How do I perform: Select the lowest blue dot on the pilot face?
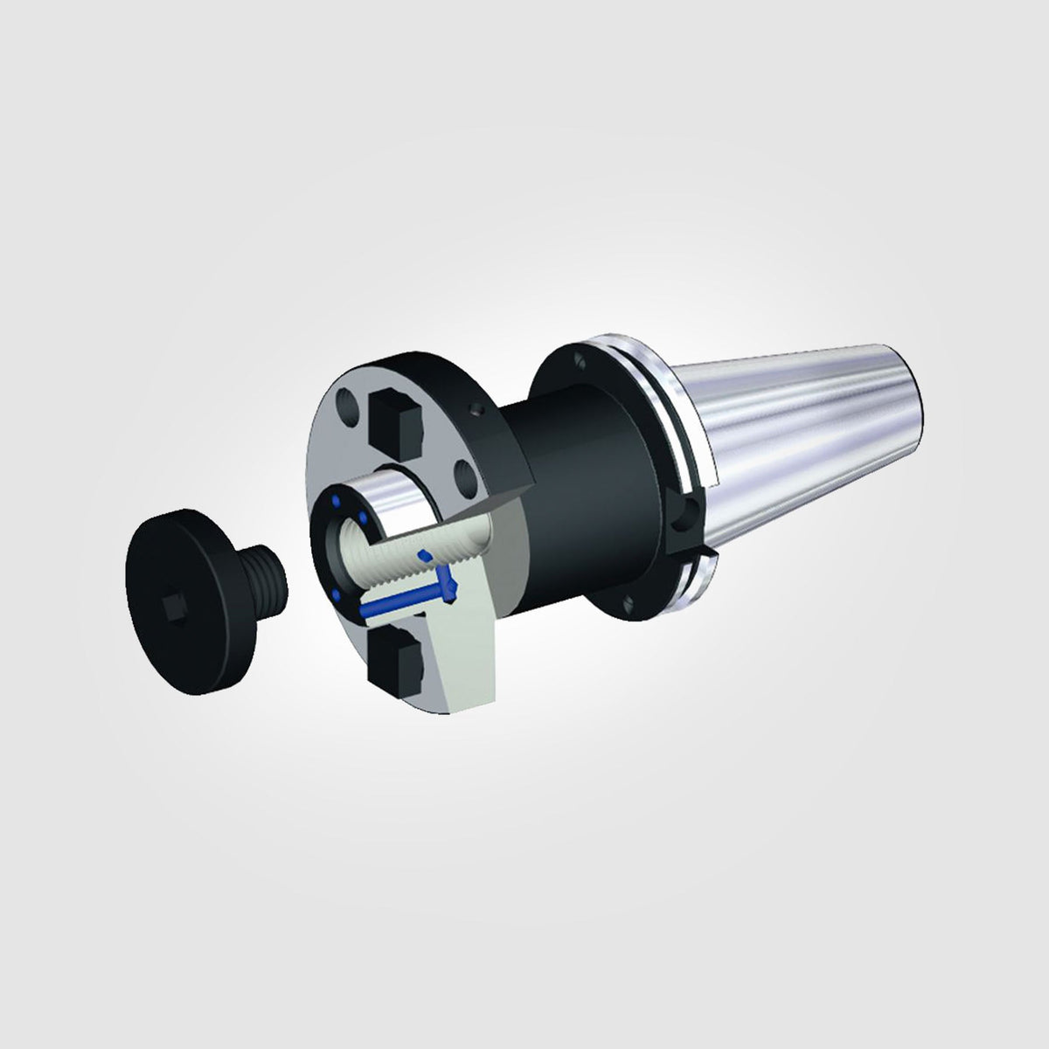coord(337,595)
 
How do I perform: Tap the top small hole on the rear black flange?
coord(580,358)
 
